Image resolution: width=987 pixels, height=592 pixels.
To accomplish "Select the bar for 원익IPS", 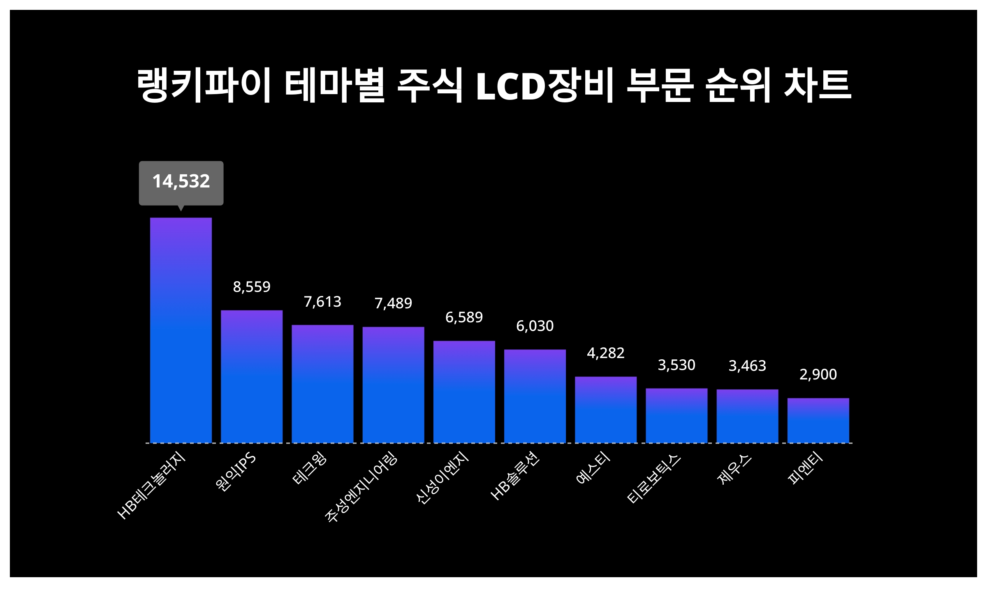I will click(x=252, y=377).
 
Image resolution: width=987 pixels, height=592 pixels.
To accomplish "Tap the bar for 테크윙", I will click(x=322, y=384).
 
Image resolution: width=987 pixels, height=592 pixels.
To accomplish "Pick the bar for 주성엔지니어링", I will click(x=393, y=385).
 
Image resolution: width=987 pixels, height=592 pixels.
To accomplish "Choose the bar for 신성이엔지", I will click(x=464, y=392).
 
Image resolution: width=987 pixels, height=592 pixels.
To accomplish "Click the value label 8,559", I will click(x=252, y=287).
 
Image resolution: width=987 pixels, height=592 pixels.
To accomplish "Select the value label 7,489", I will click(x=393, y=303).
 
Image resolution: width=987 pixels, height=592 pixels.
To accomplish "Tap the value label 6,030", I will click(x=535, y=326).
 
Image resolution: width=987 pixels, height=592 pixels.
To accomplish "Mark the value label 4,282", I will click(x=605, y=353).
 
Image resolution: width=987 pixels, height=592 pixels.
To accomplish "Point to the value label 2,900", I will click(x=818, y=375).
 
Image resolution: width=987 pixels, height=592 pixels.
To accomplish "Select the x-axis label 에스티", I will click(x=593, y=469).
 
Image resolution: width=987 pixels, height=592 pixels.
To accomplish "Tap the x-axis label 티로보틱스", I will click(x=654, y=479).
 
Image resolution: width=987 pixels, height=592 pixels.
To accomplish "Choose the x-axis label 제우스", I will click(x=734, y=469).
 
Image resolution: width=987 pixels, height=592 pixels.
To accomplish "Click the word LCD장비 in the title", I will click(x=544, y=86).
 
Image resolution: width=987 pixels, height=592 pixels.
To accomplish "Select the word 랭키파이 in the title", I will click(x=204, y=86).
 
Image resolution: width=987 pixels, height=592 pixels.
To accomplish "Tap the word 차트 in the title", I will click(x=817, y=86).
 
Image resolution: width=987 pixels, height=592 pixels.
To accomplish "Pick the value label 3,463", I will click(x=747, y=366).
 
